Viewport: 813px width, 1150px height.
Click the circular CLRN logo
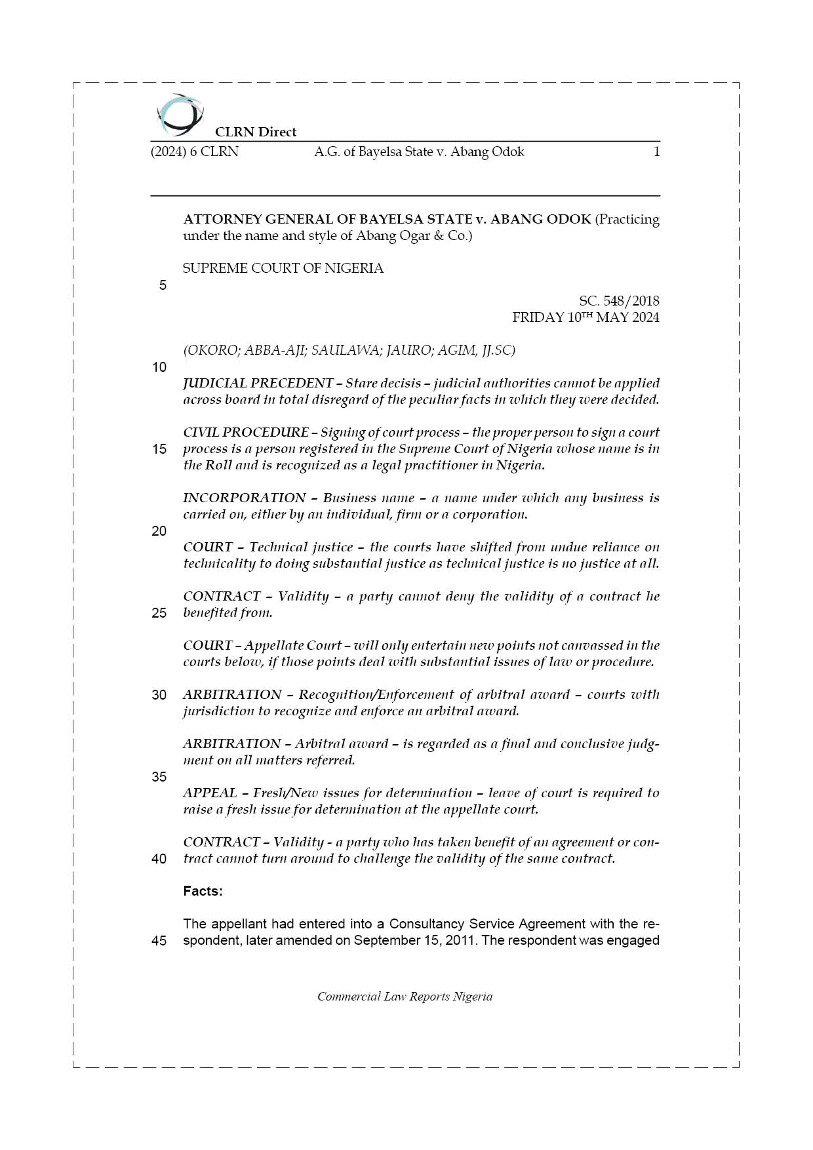(x=180, y=115)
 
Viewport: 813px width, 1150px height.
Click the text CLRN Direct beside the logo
(x=256, y=132)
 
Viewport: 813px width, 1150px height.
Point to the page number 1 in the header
(x=656, y=152)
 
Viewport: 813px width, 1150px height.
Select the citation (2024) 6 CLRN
(x=195, y=152)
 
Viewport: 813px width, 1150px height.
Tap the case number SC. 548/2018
(x=619, y=301)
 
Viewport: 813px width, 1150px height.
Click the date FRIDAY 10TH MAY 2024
(x=585, y=317)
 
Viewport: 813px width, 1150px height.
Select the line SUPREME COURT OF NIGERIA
(x=283, y=268)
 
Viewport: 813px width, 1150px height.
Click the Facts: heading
(x=203, y=891)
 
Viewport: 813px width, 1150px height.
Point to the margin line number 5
(x=163, y=285)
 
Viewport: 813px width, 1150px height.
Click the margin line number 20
(x=159, y=531)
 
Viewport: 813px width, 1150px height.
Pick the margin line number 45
(x=159, y=941)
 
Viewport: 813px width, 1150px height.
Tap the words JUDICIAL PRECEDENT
(x=258, y=383)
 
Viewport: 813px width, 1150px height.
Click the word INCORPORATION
(x=245, y=498)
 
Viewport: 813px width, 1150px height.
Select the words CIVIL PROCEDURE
(x=246, y=432)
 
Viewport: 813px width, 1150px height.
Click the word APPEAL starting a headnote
(x=210, y=793)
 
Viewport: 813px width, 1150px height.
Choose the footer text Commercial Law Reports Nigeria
(x=405, y=997)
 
